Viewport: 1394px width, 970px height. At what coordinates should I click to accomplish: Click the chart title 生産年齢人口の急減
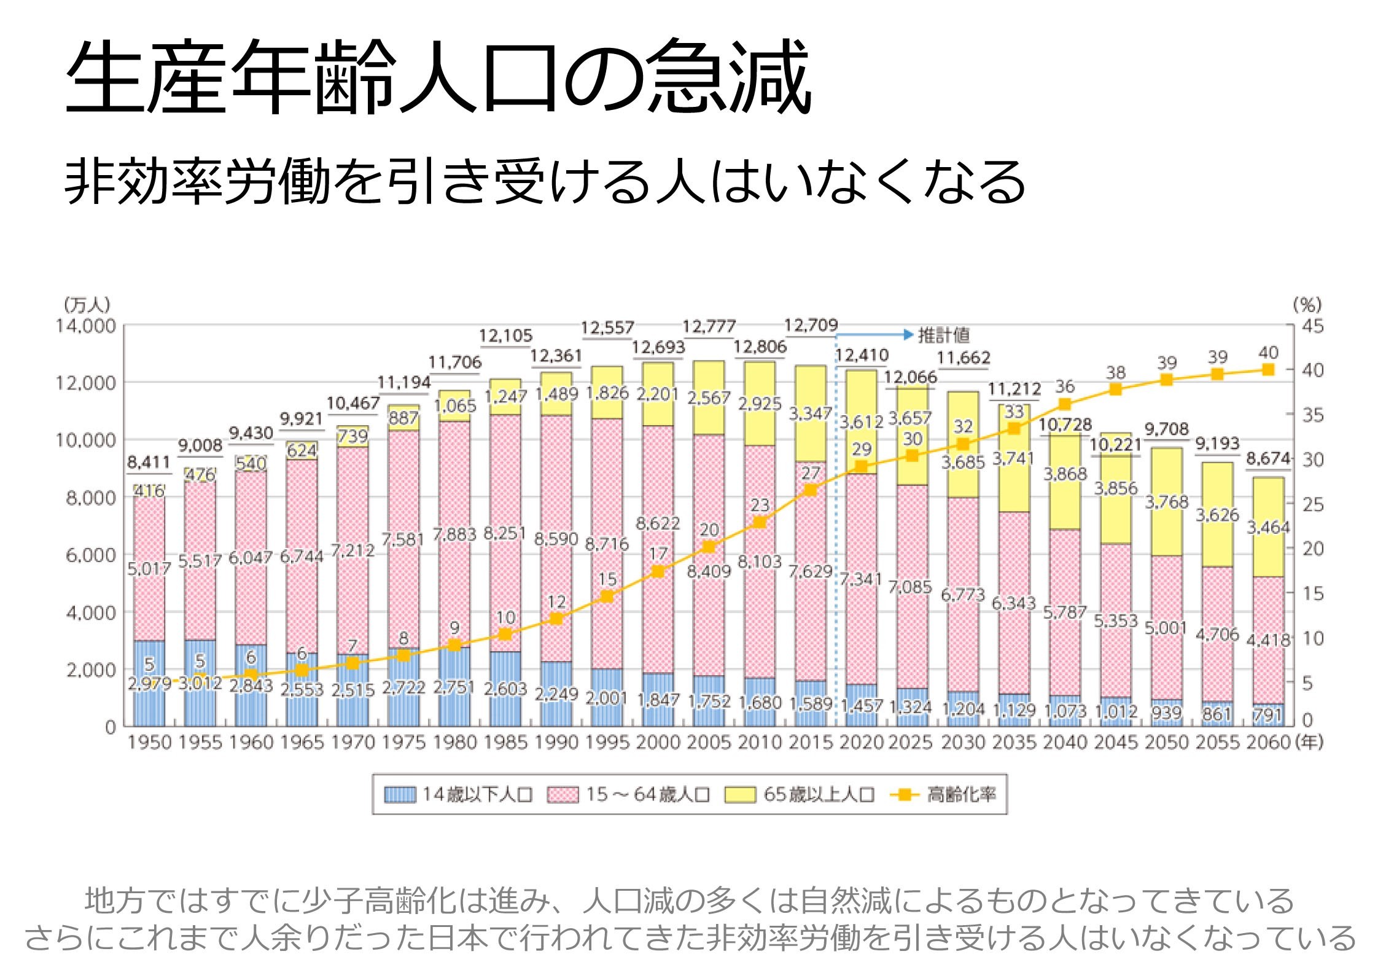(x=438, y=77)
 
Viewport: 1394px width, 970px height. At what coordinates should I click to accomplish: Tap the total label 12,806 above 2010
(x=760, y=347)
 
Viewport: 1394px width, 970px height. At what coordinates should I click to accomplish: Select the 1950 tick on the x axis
(x=149, y=743)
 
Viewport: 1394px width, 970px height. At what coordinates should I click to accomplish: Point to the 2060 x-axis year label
(x=1268, y=743)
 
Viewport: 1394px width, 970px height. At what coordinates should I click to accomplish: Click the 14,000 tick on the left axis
(x=85, y=326)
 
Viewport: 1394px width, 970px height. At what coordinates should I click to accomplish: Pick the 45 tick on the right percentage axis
(x=1313, y=326)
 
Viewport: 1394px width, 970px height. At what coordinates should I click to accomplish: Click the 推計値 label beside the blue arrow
(x=944, y=335)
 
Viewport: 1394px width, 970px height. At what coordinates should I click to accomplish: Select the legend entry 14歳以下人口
(x=458, y=794)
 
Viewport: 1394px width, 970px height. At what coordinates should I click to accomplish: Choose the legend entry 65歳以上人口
(x=800, y=794)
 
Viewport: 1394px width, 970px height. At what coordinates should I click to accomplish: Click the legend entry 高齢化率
(x=944, y=794)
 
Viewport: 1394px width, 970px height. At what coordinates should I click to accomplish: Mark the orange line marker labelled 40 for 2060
(x=1268, y=370)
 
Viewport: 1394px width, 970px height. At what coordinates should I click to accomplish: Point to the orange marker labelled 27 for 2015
(x=811, y=490)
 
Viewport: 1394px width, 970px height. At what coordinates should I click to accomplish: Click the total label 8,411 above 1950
(x=149, y=462)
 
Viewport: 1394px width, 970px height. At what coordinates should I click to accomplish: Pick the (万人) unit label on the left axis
(x=87, y=305)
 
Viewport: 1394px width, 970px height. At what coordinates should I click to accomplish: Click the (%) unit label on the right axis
(x=1307, y=305)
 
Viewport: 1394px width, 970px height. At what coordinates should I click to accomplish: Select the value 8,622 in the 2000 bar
(x=658, y=524)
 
